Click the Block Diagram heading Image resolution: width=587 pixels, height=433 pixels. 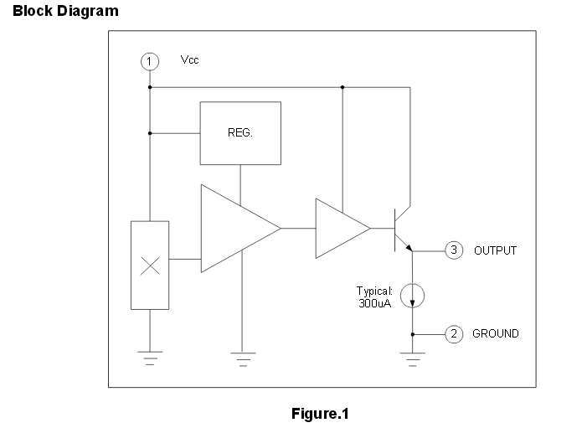[x=65, y=11]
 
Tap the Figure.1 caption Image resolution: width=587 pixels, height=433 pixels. [x=319, y=414]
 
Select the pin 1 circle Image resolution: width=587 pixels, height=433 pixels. [x=149, y=61]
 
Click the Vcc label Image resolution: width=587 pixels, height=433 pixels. [x=190, y=60]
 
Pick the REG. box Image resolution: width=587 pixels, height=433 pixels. [x=240, y=133]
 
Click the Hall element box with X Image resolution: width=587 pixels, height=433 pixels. [x=150, y=265]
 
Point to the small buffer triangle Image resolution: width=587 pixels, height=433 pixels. [x=339, y=228]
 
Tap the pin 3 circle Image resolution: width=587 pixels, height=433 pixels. [x=453, y=250]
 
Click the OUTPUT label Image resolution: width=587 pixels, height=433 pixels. [x=496, y=250]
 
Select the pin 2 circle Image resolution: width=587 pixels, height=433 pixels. [x=453, y=333]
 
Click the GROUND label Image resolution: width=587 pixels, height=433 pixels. [x=496, y=333]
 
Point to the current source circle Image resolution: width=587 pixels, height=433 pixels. [x=412, y=294]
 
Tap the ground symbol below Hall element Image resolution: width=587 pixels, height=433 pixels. [x=150, y=359]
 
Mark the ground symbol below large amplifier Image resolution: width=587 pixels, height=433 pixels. [x=241, y=359]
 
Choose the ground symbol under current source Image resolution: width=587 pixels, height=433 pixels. [x=412, y=359]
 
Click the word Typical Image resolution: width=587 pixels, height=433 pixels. [x=374, y=291]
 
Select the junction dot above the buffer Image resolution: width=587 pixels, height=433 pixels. [x=342, y=86]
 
